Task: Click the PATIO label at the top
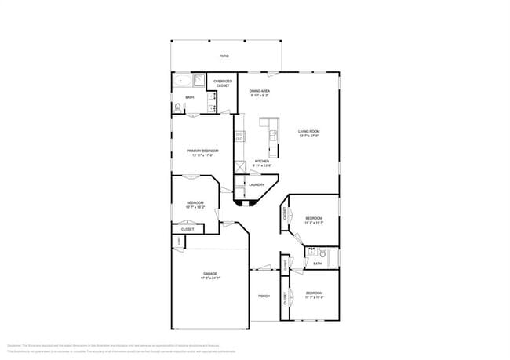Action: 224,57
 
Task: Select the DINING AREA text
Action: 260,91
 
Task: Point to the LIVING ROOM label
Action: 308,131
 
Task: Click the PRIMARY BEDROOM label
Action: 202,150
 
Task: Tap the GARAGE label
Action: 210,274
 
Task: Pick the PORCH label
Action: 264,296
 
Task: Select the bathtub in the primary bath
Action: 184,80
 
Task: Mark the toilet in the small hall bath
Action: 312,253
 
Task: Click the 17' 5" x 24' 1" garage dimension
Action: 210,278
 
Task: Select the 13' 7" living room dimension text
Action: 308,136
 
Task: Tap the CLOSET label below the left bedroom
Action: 188,229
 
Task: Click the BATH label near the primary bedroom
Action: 190,97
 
